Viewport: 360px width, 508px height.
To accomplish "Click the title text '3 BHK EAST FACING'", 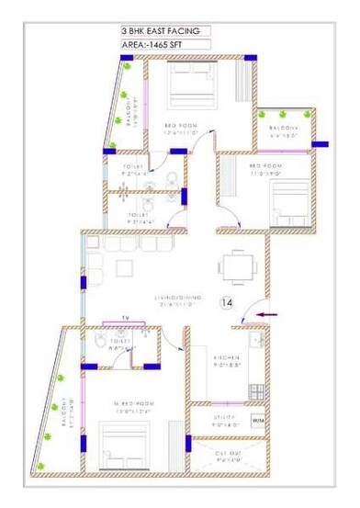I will [x=165, y=30].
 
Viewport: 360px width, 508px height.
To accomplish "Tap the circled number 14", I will [x=227, y=301].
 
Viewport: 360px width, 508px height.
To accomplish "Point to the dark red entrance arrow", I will [x=267, y=314].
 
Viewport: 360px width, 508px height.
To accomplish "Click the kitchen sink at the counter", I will [x=256, y=343].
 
